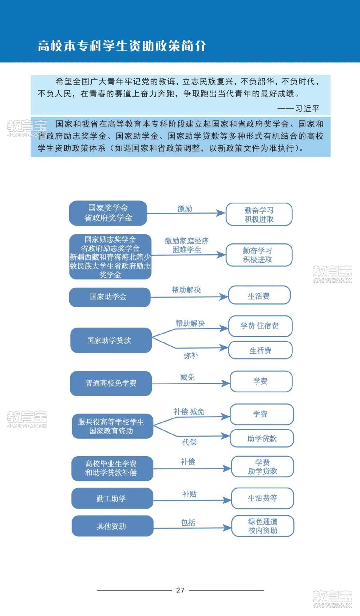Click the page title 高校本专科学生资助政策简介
coord(122,45)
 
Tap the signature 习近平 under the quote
coord(308,109)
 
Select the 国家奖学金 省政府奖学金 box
coord(108,213)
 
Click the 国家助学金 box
coord(110,297)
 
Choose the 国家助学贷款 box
coord(111,340)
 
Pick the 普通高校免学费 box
coord(111,383)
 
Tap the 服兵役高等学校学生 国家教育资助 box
coord(112,426)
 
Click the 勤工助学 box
coord(112,498)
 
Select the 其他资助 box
coord(112,526)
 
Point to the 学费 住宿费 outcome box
coord(260,326)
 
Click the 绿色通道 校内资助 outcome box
coord(263,526)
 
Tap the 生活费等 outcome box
coord(263,498)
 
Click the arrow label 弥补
coord(191,356)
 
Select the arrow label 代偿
coord(189,442)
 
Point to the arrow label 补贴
coord(189,494)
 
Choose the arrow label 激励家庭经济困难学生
coord(187,245)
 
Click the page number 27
coord(180,591)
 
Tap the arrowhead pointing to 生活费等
coord(227,500)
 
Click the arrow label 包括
coord(188,522)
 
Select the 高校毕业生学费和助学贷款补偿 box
coord(112,469)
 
